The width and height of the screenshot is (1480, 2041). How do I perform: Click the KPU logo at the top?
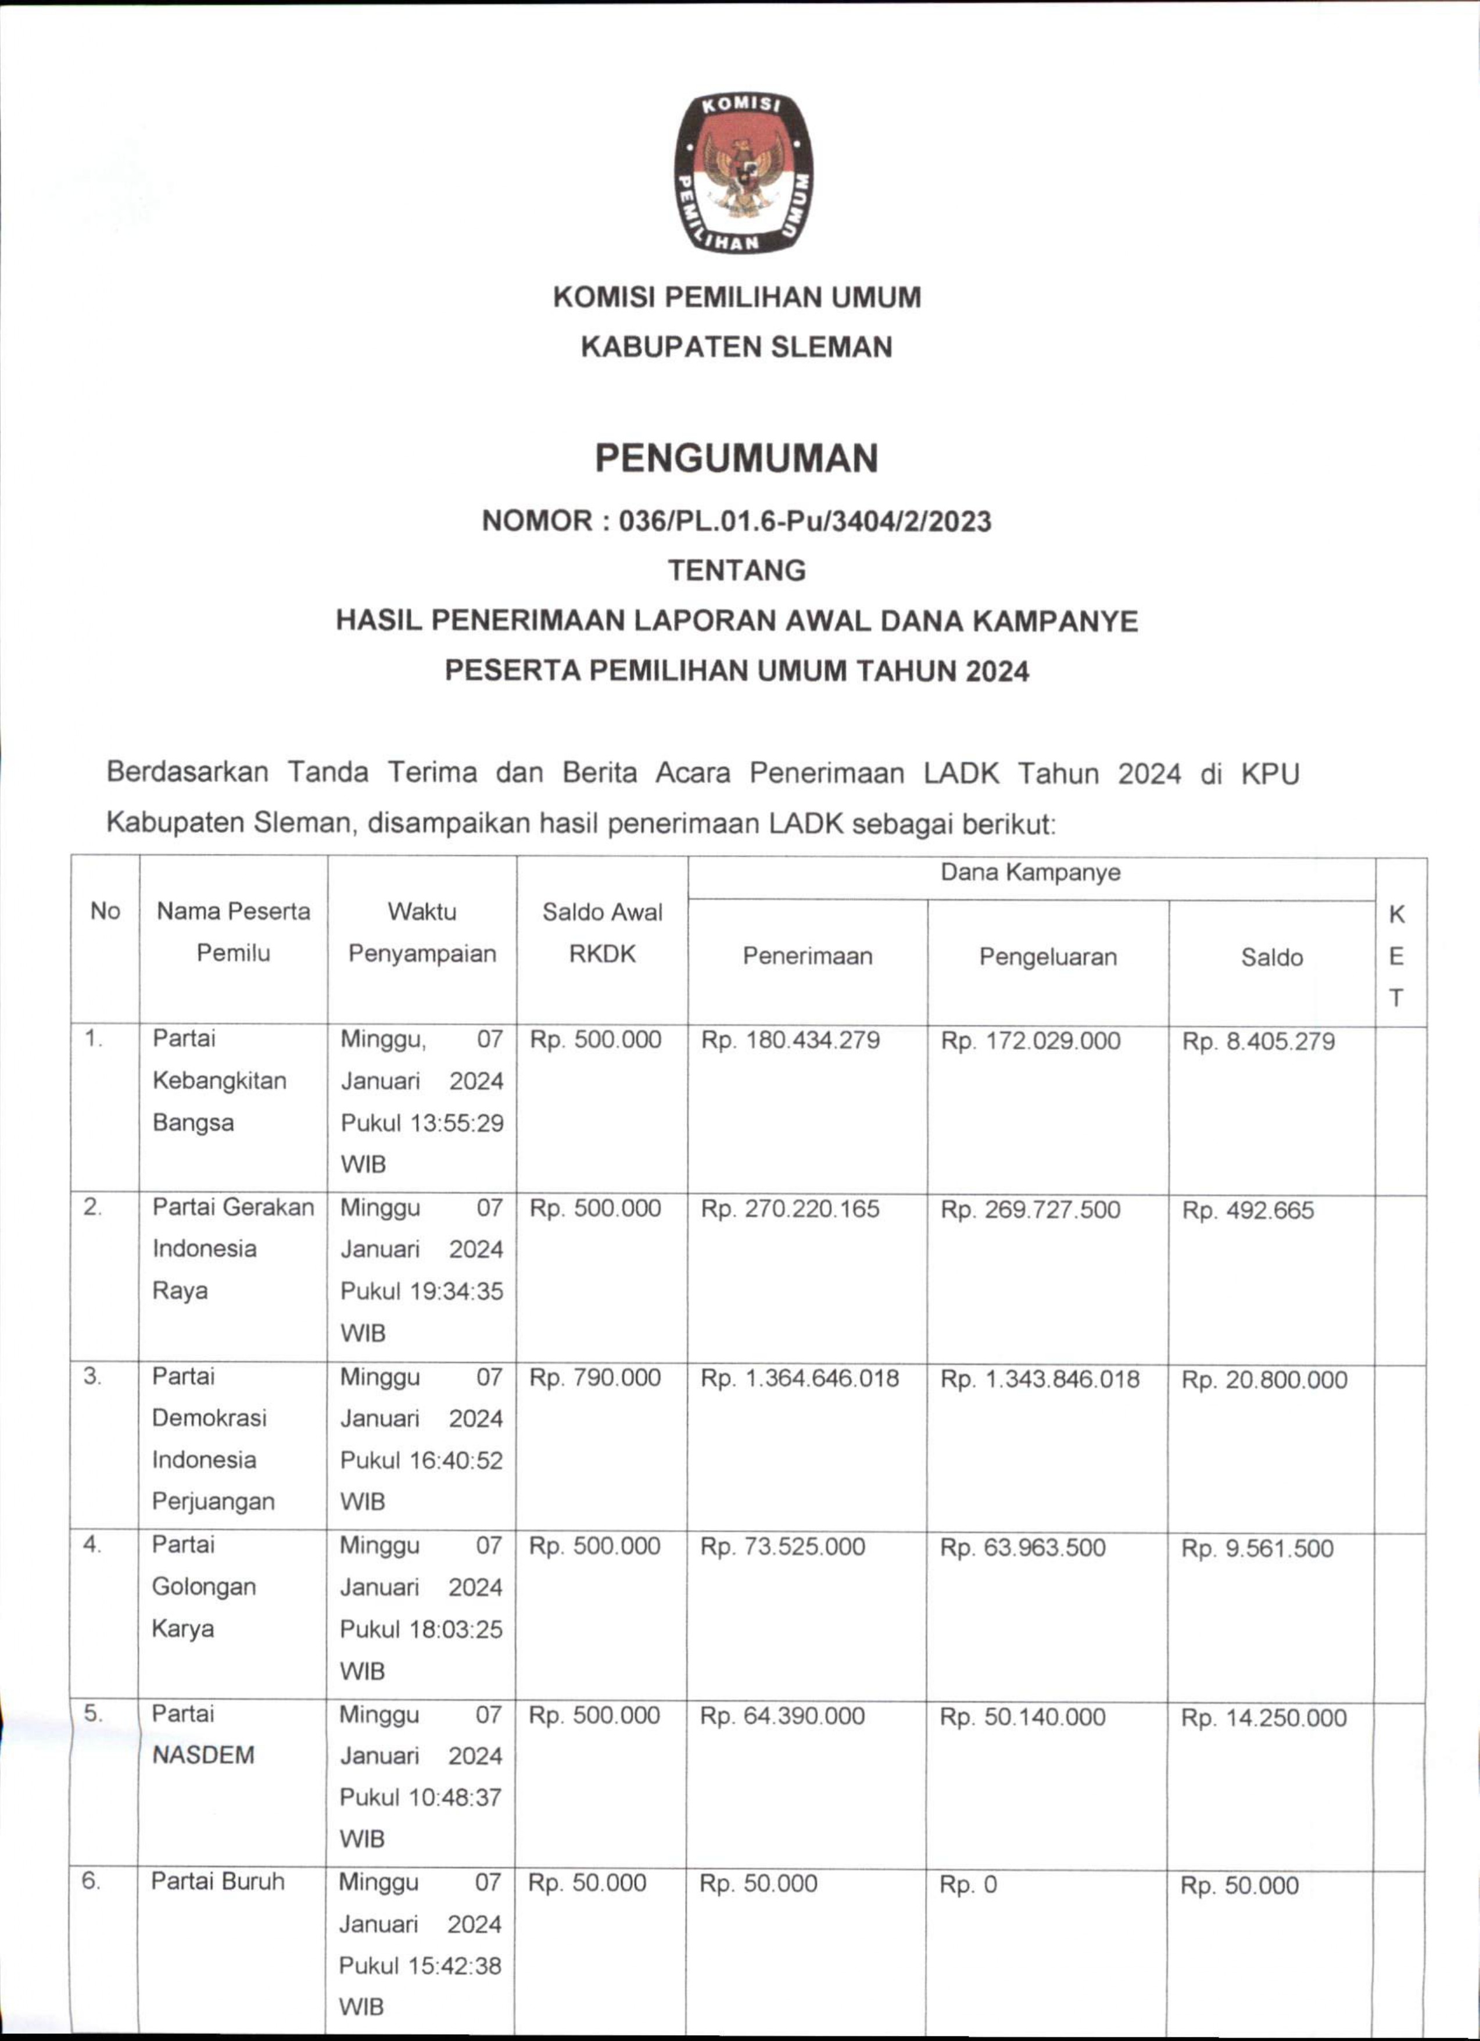point(743,173)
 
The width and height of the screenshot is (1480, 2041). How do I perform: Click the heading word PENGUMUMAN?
point(736,459)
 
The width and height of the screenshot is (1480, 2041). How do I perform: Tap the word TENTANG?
point(736,570)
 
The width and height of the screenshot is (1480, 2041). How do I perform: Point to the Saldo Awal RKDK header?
point(602,932)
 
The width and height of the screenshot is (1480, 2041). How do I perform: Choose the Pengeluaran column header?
point(1047,957)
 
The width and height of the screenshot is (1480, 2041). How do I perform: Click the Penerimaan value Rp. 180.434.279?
point(790,1041)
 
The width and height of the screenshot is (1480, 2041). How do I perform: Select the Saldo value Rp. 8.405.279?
point(1258,1042)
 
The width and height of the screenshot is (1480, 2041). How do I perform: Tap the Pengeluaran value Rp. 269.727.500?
point(1030,1210)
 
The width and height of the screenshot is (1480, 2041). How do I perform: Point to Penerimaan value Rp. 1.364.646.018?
point(799,1379)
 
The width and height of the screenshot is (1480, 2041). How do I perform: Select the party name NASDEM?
point(203,1755)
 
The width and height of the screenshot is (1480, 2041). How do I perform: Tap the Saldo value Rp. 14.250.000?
point(1263,1718)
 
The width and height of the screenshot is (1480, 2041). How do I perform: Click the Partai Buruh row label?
point(218,1882)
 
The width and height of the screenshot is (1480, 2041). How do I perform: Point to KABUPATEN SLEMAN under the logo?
point(736,348)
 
